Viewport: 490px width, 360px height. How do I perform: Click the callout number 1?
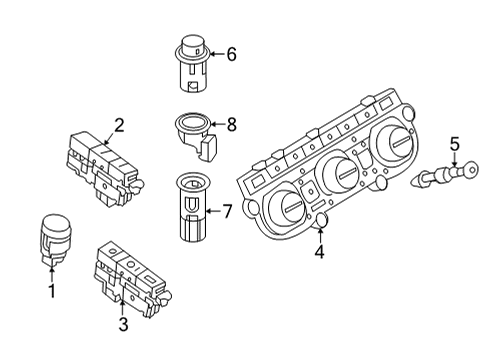52,291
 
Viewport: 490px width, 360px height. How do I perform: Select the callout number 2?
119,126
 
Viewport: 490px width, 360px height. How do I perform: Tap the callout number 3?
123,324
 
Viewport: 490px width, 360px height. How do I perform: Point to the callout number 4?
319,252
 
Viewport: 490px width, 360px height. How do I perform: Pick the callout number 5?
454,144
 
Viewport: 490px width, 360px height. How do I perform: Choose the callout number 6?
231,54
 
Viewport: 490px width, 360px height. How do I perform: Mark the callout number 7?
227,211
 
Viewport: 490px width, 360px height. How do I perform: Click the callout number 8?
231,125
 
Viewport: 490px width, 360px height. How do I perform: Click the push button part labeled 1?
55,239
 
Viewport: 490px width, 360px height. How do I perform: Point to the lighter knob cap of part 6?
193,44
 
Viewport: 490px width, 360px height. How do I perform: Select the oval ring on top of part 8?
193,121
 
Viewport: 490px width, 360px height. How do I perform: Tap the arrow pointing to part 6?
217,54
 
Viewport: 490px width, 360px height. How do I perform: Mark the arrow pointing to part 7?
213,211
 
